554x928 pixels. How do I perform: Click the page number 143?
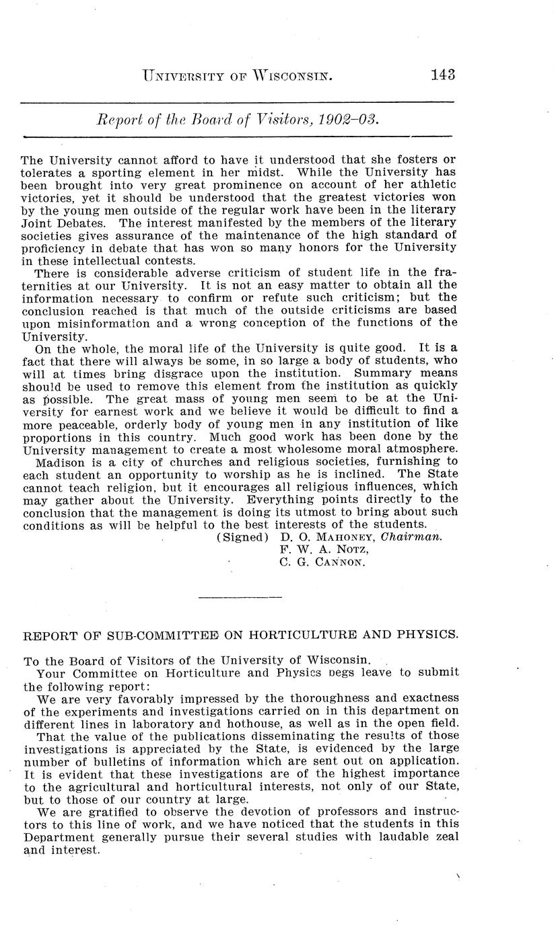click(442, 74)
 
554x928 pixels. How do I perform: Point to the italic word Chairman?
click(411, 537)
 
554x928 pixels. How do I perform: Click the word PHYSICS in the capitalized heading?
click(431, 634)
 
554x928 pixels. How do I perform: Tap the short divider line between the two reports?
click(241, 596)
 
